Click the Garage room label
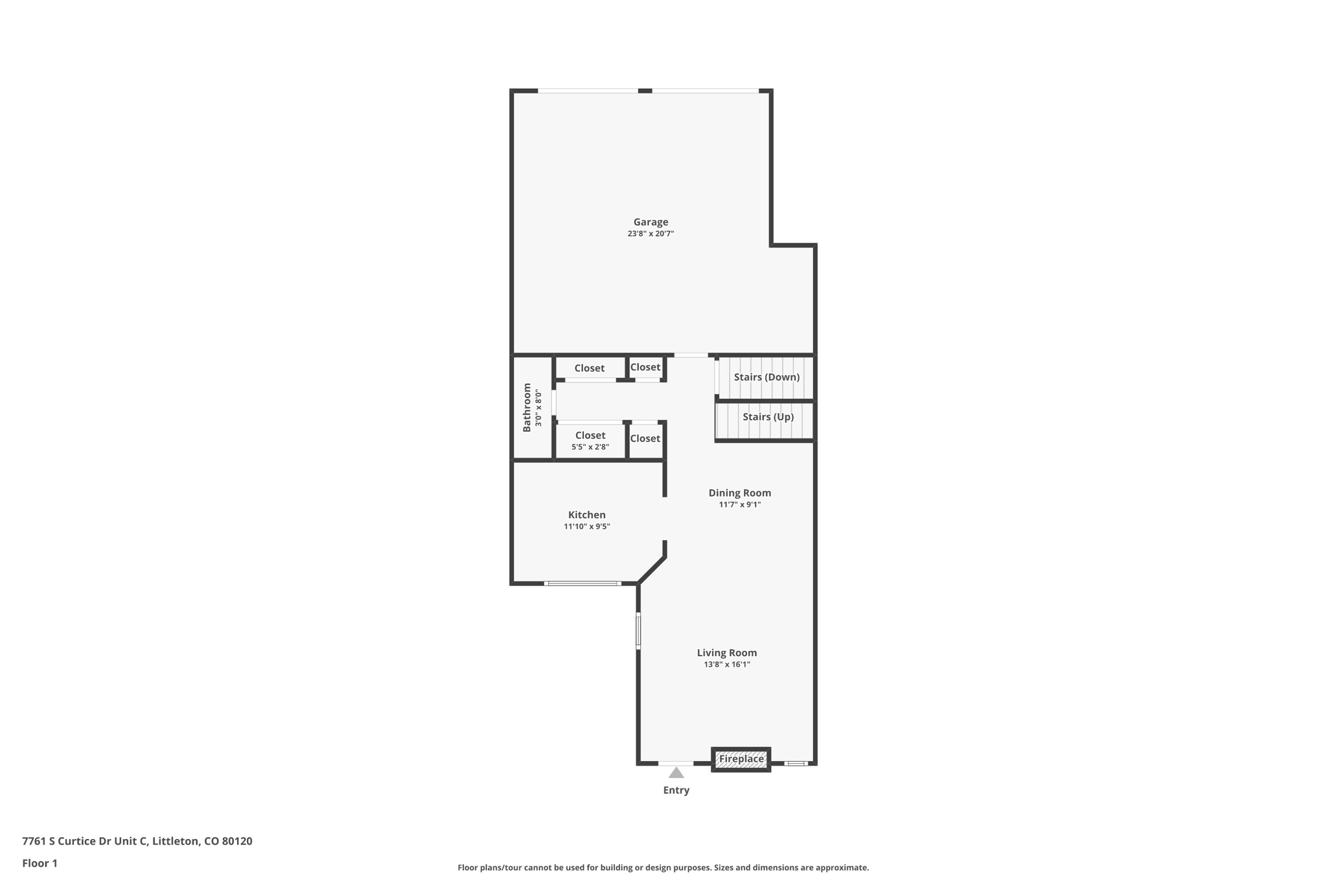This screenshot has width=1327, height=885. (651, 222)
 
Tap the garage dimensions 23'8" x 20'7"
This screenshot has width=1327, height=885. (651, 233)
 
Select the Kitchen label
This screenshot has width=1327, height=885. (586, 515)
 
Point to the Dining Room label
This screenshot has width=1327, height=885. (739, 493)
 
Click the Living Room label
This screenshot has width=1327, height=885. (726, 653)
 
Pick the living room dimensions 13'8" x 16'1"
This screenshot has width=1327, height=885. (727, 665)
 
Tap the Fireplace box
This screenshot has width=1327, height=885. (741, 759)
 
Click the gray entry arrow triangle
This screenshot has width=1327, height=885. (676, 773)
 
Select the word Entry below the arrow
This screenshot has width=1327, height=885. (676, 790)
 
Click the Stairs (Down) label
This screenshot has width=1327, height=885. (767, 377)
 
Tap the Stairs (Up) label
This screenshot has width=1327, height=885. (768, 417)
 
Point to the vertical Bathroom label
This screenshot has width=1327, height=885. (527, 407)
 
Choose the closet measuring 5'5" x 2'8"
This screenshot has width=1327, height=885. (590, 441)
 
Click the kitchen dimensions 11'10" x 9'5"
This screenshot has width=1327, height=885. (586, 526)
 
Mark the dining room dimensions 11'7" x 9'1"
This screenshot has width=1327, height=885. (739, 504)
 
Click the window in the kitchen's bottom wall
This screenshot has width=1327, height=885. (583, 584)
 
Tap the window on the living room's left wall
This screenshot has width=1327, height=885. (638, 631)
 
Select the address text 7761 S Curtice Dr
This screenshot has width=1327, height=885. (67, 842)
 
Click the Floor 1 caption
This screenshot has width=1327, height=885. (40, 864)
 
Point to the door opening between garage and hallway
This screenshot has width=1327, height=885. (691, 355)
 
